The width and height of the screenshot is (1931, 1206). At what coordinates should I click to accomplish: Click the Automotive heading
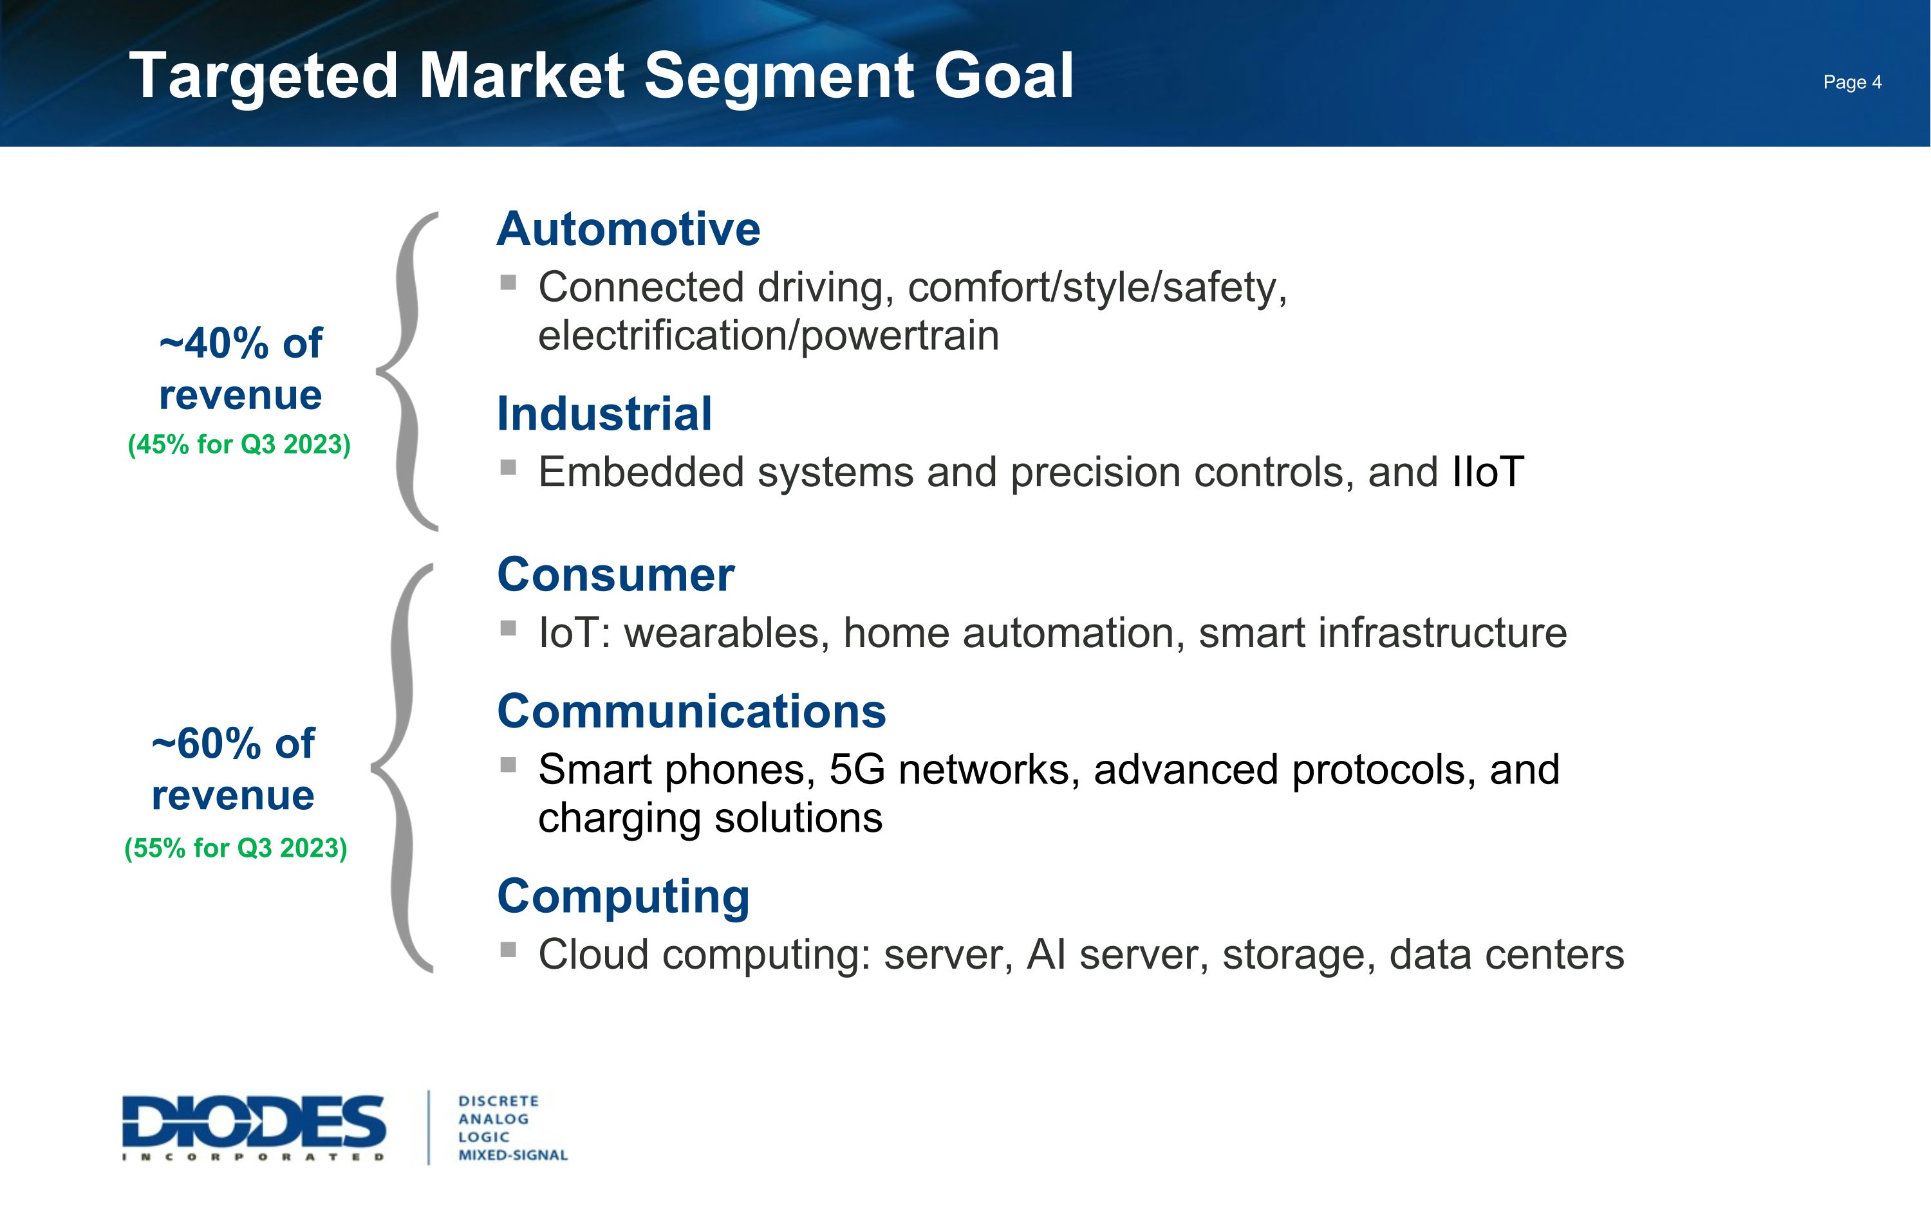628,229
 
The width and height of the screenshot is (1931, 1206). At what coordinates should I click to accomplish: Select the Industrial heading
604,414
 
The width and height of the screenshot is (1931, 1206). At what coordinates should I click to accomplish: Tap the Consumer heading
615,575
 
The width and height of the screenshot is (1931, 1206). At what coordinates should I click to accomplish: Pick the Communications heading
691,711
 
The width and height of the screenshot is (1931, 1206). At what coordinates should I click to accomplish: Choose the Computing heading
623,897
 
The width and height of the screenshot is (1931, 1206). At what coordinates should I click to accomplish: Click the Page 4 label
1851,82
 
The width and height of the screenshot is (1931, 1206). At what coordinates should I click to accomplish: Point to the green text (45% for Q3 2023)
239,444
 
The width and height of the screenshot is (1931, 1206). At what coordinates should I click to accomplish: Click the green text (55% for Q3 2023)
236,848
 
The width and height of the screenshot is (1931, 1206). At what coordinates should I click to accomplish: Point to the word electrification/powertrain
768,336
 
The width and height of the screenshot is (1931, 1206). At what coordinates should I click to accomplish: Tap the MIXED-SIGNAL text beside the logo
512,1155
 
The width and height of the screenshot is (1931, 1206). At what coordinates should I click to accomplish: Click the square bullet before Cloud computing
508,949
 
